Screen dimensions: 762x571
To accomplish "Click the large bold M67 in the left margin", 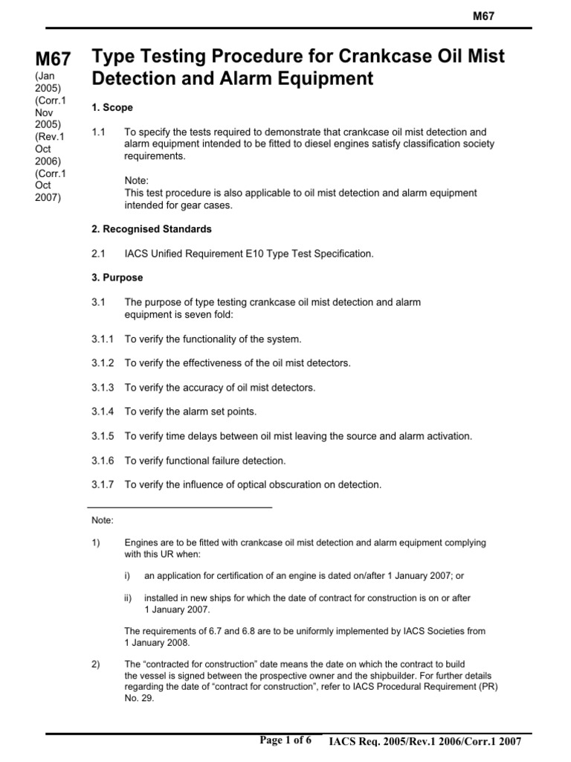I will tap(54, 61).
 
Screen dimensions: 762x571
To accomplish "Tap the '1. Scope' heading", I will tap(112, 108).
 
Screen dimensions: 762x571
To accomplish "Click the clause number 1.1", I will tap(99, 132).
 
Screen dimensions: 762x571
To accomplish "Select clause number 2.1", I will tap(99, 254).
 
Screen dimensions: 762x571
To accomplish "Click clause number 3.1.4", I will tap(103, 412).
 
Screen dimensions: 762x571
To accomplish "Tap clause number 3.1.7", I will tap(103, 484).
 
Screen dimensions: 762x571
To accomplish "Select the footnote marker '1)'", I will tap(96, 543).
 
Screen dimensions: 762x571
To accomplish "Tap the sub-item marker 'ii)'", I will tap(129, 598).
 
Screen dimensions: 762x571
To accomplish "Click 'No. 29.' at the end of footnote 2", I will tap(139, 699).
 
